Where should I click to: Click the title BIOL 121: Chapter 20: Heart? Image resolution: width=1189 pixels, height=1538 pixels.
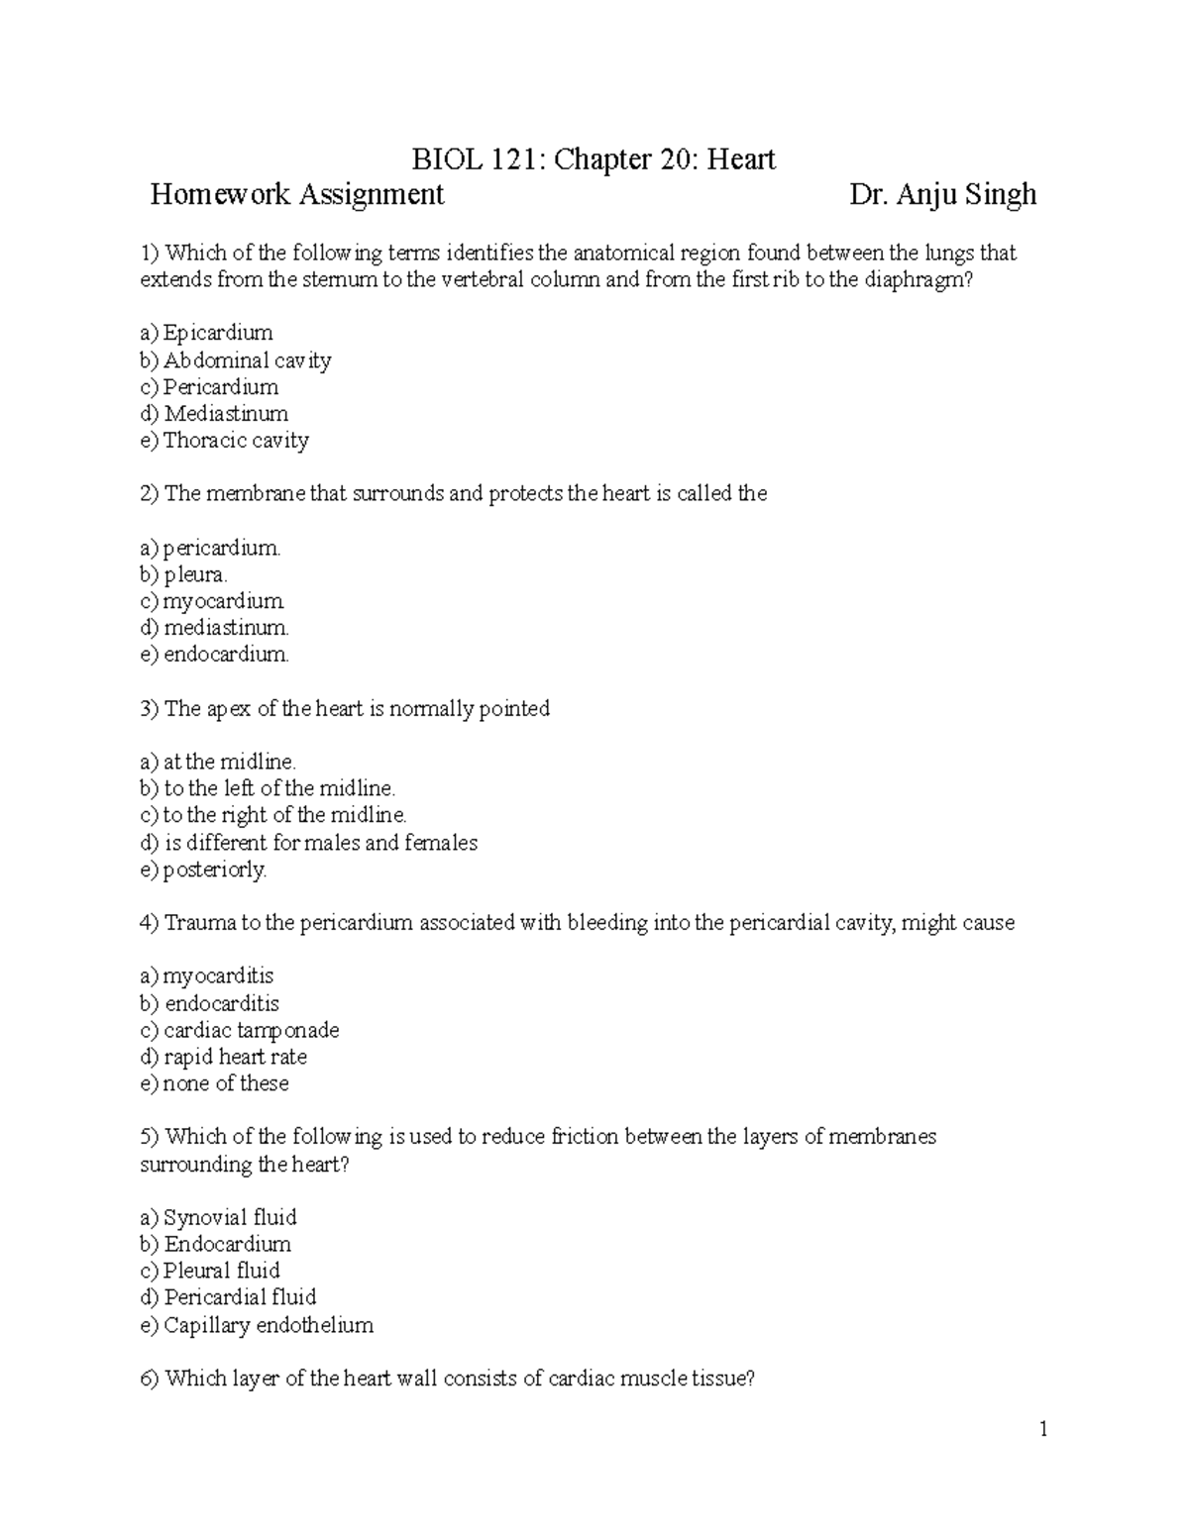(594, 158)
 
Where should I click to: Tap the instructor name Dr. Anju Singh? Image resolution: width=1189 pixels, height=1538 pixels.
(942, 194)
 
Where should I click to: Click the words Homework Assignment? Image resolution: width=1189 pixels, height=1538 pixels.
(296, 194)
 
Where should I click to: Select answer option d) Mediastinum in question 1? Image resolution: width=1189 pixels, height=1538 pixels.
(214, 414)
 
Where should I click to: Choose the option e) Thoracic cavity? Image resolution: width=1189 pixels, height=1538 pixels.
(224, 441)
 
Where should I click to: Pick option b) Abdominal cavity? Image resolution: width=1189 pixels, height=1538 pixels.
(235, 360)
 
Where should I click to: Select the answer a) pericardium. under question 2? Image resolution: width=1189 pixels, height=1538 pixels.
(210, 548)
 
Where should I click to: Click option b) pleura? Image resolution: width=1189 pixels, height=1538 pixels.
(184, 574)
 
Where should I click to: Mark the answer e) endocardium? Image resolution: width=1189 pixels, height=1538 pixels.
(215, 655)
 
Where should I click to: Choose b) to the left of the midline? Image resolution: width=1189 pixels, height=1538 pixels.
(268, 788)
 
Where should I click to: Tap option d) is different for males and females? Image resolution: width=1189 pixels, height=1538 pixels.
(308, 843)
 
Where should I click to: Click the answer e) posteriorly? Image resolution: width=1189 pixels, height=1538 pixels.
(203, 871)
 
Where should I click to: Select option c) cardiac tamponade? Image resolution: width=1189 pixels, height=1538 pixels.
(240, 1030)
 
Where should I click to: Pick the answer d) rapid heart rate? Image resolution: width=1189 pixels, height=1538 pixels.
(224, 1057)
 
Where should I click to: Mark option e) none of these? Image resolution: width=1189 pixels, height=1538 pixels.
(214, 1083)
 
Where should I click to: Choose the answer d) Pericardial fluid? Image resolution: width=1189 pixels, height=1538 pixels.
(228, 1297)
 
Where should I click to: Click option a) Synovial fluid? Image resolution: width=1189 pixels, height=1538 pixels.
(218, 1217)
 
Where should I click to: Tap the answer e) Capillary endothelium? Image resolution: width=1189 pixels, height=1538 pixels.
(257, 1325)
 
